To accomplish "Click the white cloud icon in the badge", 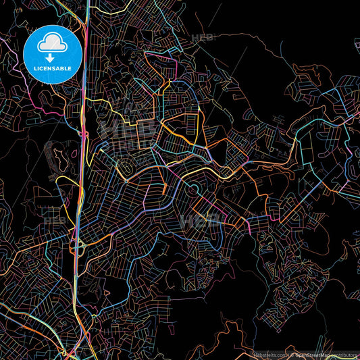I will [53, 44].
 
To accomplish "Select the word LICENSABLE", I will [53, 68].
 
